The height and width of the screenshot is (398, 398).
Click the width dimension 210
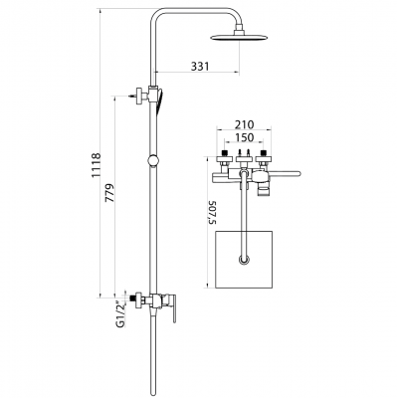coord(243,127)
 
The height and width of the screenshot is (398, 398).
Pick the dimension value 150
coord(243,141)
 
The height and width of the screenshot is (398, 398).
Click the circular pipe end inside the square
coord(243,261)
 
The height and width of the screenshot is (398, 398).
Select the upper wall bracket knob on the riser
coord(138,98)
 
